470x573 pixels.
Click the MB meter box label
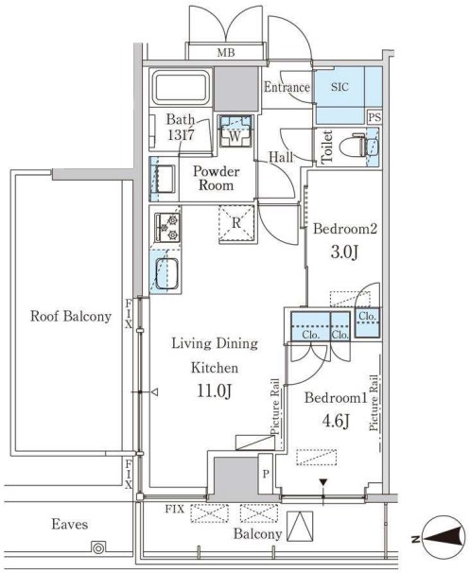tap(226, 53)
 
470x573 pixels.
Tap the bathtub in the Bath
tap(181, 88)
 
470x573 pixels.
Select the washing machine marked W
tap(235, 130)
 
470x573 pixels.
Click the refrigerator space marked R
tap(236, 223)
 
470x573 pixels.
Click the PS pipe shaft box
tap(374, 117)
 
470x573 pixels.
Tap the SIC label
tap(339, 87)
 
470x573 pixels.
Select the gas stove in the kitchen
tap(167, 227)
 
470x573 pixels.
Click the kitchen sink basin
tap(166, 273)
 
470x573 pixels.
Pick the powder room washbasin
tap(165, 179)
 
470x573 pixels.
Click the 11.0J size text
tap(214, 391)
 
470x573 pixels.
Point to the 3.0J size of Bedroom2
tap(344, 252)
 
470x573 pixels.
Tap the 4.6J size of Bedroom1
tap(336, 421)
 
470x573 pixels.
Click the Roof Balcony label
tap(71, 316)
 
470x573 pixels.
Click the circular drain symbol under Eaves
tap(98, 548)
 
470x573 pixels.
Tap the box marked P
tap(266, 474)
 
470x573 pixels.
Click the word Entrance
tap(287, 87)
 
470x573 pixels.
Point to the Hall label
tap(281, 157)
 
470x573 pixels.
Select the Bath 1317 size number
tap(181, 135)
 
